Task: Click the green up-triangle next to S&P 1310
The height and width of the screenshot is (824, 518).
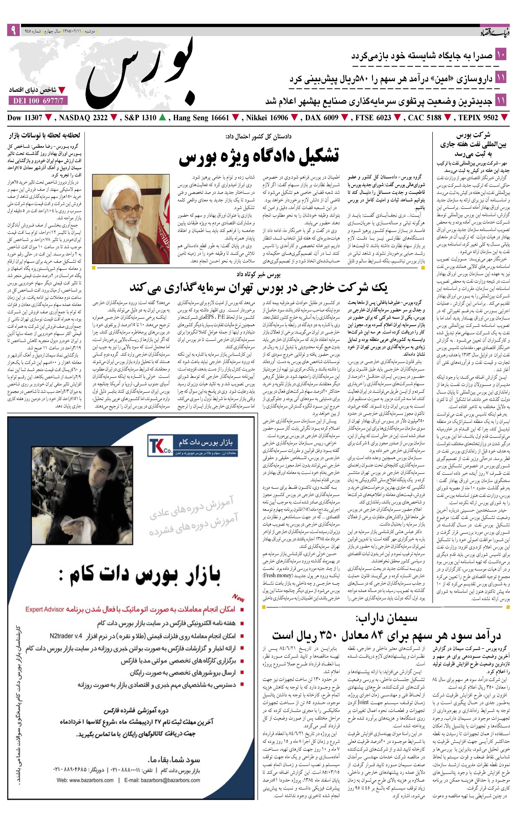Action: (163, 118)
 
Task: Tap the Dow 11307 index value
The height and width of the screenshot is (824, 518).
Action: (25, 118)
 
